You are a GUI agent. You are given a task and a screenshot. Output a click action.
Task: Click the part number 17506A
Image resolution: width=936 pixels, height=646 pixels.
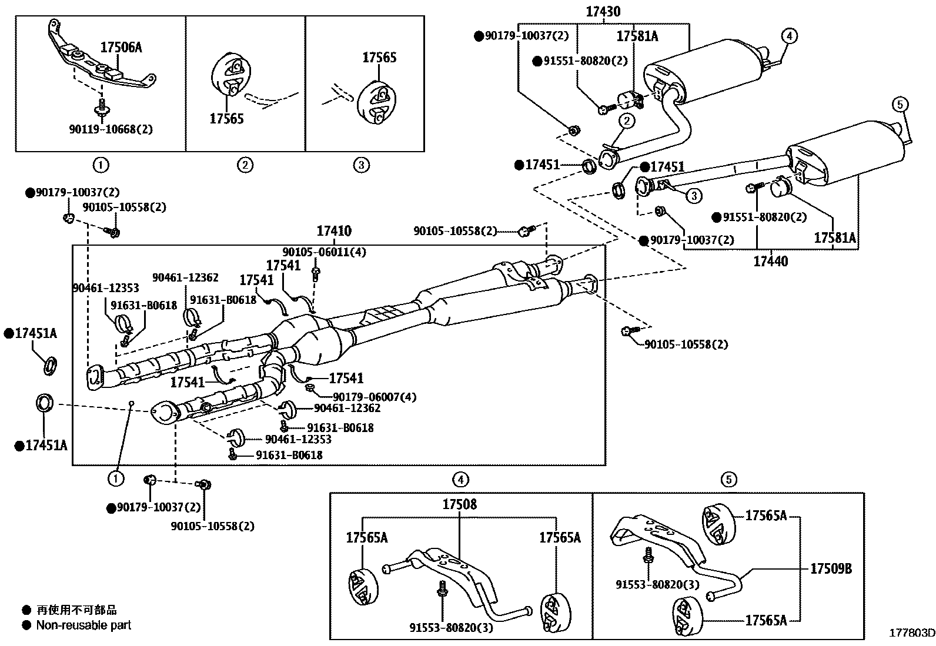(x=121, y=48)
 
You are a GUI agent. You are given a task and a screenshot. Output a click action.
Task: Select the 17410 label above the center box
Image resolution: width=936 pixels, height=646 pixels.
(x=334, y=230)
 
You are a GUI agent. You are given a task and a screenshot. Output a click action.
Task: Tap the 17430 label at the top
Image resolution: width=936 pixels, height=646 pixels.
(x=603, y=11)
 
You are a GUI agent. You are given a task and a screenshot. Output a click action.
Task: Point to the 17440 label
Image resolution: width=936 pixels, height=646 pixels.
(x=771, y=261)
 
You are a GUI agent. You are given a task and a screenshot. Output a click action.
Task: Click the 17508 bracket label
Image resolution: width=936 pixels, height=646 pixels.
(x=460, y=504)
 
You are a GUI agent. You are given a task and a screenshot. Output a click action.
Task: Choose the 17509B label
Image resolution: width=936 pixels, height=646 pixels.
(x=831, y=568)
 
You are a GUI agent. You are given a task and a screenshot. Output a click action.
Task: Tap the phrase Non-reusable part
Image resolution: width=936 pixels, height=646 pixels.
(x=83, y=625)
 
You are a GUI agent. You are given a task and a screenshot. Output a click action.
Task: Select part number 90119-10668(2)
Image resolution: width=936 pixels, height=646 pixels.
(x=111, y=129)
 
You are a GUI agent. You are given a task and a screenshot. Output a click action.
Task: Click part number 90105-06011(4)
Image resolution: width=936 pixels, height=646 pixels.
(x=325, y=252)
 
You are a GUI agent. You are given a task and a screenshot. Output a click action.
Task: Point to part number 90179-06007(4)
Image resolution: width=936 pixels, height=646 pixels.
(x=375, y=397)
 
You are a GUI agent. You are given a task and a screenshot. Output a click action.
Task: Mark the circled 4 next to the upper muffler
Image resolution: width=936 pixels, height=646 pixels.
(x=789, y=36)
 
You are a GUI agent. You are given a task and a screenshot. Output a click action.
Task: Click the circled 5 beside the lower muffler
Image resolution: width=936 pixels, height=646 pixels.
(x=900, y=104)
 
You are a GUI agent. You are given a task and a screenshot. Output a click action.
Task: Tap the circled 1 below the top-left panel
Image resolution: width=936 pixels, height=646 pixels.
(x=101, y=165)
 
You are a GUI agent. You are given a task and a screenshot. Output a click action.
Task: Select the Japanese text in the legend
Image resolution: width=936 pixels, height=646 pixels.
(x=76, y=610)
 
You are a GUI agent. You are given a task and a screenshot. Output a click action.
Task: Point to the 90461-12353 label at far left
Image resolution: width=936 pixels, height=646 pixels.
(x=106, y=288)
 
